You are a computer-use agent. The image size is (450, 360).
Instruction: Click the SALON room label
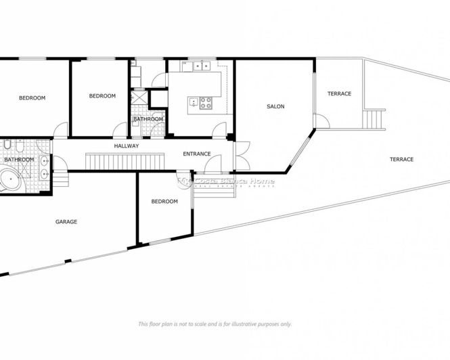pyautogui.click(x=275, y=106)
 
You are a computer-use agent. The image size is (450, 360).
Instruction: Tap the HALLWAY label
pyautogui.click(x=127, y=145)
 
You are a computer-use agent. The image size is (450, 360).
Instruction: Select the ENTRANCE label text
pyautogui.click(x=197, y=154)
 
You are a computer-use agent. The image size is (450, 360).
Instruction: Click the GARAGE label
pyautogui.click(x=66, y=221)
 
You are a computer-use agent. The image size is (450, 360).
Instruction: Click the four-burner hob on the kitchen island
pyautogui.click(x=204, y=103)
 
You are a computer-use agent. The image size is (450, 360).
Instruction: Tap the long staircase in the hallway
pyautogui.click(x=125, y=162)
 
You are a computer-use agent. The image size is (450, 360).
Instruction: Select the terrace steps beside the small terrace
pyautogui.click(x=374, y=119)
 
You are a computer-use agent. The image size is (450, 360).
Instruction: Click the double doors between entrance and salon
pyautogui.click(x=242, y=155)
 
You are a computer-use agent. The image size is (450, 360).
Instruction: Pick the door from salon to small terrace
pyautogui.click(x=321, y=122)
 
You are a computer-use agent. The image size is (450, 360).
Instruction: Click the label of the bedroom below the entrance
pyautogui.click(x=164, y=201)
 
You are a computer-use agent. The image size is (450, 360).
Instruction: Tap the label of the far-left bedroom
pyautogui.click(x=32, y=98)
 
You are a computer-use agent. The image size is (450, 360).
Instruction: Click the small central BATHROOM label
pyautogui.click(x=148, y=119)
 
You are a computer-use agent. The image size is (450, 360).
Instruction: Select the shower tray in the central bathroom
pyautogui.click(x=139, y=97)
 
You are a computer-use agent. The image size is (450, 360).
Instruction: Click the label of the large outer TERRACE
pyautogui.click(x=401, y=159)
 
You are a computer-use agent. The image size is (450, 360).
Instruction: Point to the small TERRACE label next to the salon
pyautogui.click(x=339, y=93)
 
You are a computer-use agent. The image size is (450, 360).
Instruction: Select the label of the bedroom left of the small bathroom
pyautogui.click(x=102, y=96)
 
